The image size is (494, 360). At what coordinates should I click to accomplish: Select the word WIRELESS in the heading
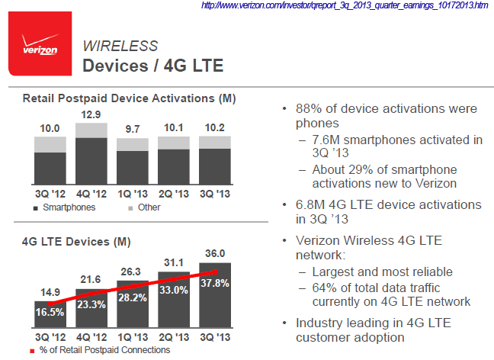[120, 46]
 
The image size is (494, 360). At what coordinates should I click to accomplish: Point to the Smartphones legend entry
[65, 207]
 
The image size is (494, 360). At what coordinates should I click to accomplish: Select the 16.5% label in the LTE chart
[50, 312]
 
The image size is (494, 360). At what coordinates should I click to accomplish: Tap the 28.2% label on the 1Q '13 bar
[133, 297]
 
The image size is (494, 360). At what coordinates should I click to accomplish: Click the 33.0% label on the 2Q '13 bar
[174, 290]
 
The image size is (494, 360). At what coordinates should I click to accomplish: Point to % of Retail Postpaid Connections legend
[99, 350]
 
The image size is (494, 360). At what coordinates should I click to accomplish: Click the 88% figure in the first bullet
[307, 109]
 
